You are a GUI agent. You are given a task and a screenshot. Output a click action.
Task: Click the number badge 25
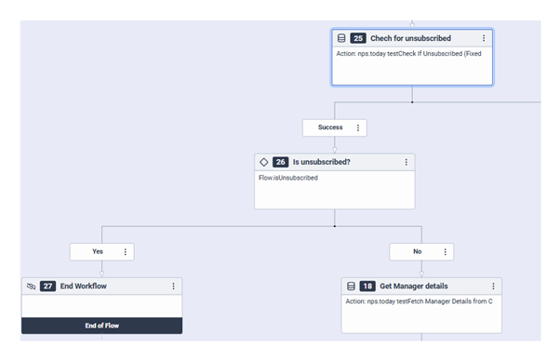[358, 38]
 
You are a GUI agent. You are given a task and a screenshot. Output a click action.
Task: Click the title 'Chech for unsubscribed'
[410, 38]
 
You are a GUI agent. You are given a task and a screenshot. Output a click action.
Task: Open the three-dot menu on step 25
[484, 38]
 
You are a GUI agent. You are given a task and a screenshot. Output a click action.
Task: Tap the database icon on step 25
[341, 38]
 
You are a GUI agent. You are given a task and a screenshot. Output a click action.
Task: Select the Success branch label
[329, 127]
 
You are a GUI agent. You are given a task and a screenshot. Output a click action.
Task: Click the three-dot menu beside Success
[358, 127]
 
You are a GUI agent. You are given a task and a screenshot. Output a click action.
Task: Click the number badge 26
[280, 162]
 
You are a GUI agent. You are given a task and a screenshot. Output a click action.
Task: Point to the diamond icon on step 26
[264, 162]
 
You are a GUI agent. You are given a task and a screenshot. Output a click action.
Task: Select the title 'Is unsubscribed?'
[323, 162]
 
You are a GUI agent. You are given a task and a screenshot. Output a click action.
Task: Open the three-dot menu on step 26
[406, 162]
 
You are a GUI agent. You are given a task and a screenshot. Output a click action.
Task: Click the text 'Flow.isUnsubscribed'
[288, 177]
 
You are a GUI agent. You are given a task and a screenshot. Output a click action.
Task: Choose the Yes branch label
[98, 251]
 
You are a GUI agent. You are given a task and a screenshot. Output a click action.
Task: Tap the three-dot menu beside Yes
[126, 251]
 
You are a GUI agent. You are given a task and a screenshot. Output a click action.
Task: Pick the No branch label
[417, 251]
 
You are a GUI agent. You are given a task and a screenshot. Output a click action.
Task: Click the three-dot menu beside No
[445, 251]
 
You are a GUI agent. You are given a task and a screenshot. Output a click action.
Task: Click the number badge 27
[48, 286]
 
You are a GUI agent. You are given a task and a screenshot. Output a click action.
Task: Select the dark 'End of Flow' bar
[101, 326]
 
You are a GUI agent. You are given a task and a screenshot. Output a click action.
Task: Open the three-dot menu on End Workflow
[173, 286]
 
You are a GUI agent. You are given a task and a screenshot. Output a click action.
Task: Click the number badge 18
[367, 286]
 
